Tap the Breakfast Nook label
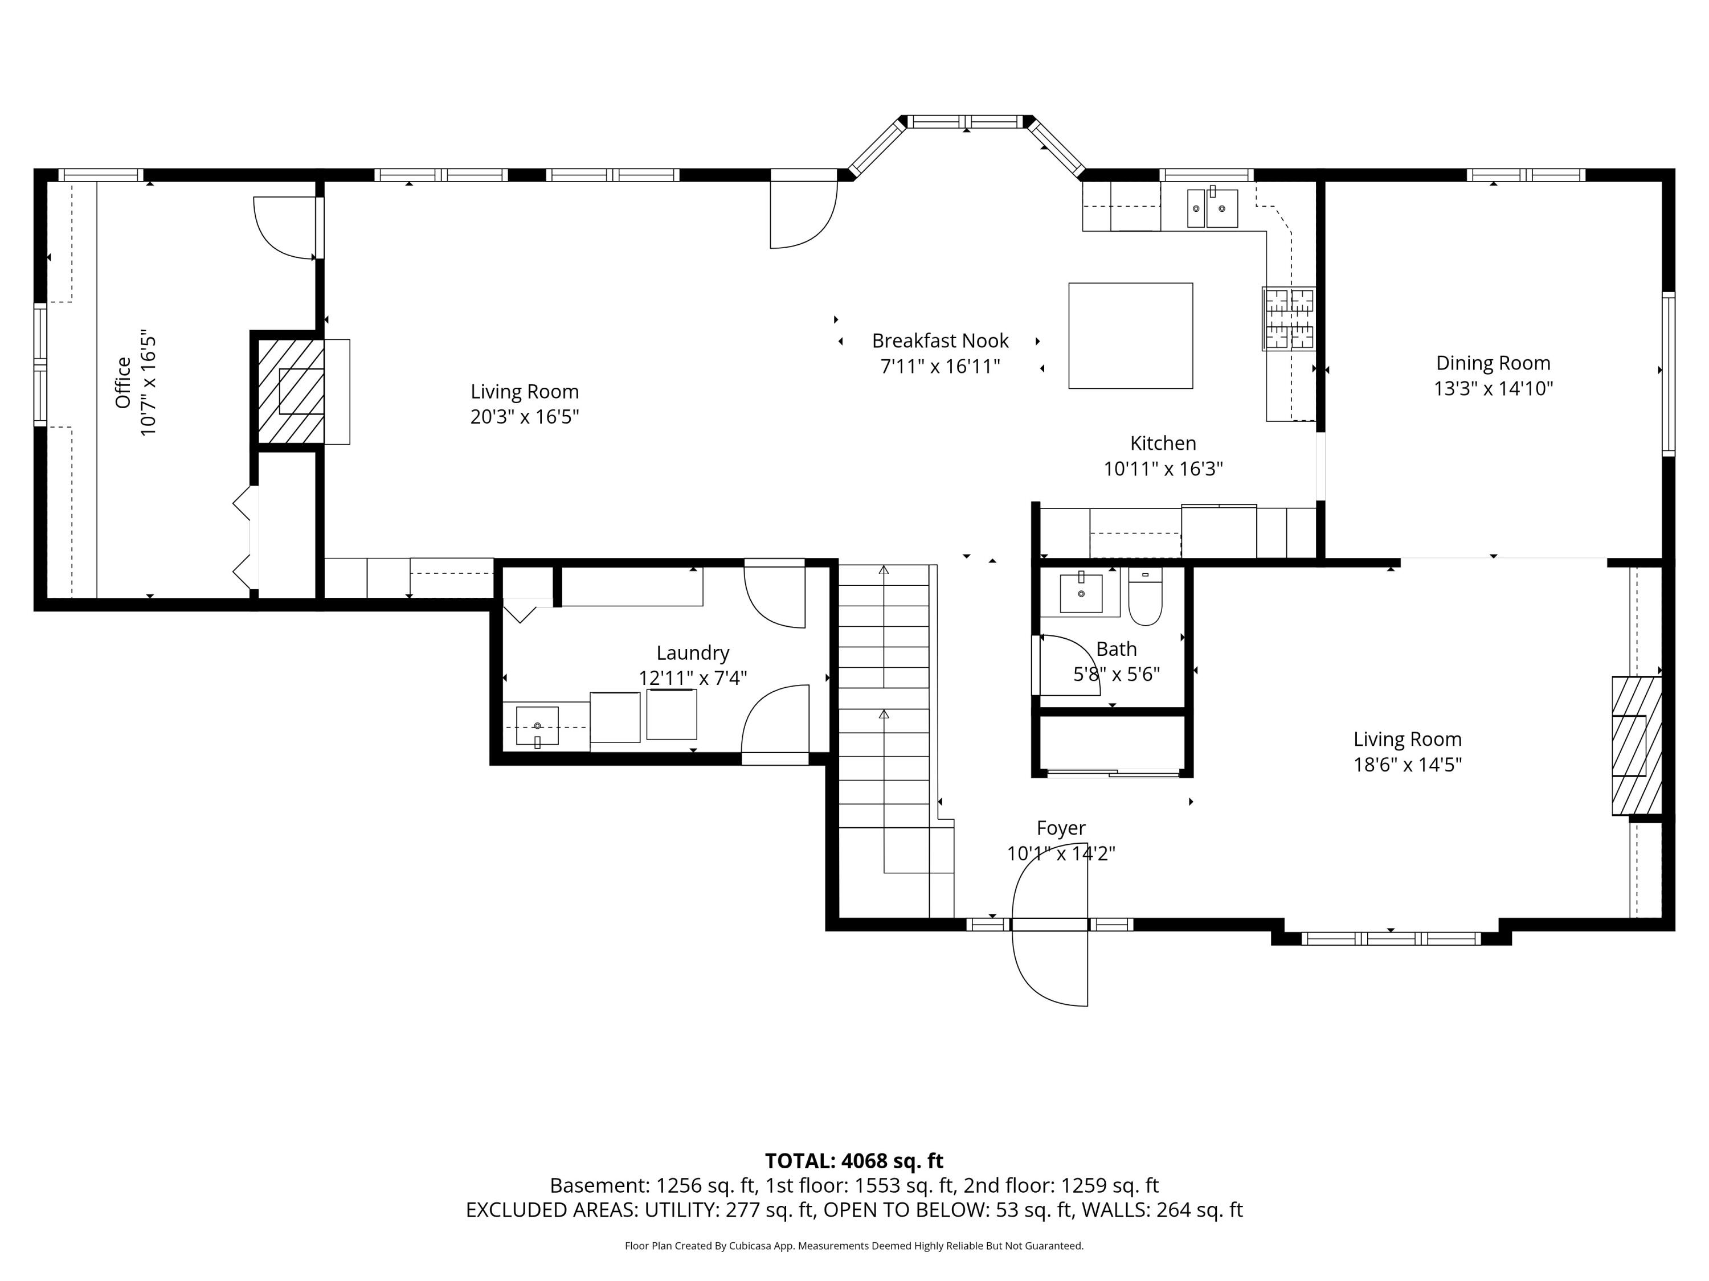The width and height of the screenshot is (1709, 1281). pyautogui.click(x=941, y=340)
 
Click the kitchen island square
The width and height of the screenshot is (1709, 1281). pyautogui.click(x=1130, y=335)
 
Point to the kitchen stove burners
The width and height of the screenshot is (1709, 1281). pyautogui.click(x=1288, y=319)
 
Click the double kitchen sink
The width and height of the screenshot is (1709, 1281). pyautogui.click(x=1212, y=208)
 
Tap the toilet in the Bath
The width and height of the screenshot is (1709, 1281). pyautogui.click(x=1145, y=596)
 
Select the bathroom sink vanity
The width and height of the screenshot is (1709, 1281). pyautogui.click(x=1080, y=592)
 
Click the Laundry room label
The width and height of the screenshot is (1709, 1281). pyautogui.click(x=693, y=653)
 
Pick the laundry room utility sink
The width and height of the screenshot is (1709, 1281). pyautogui.click(x=537, y=726)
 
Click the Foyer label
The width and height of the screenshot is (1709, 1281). pyautogui.click(x=1061, y=828)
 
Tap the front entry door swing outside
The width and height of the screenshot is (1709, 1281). pyautogui.click(x=1050, y=969)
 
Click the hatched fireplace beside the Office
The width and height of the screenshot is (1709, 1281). pyautogui.click(x=291, y=392)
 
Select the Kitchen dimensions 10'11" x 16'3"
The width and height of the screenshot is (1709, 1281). pyautogui.click(x=1163, y=469)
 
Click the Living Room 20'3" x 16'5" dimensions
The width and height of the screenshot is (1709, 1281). pyautogui.click(x=525, y=417)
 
